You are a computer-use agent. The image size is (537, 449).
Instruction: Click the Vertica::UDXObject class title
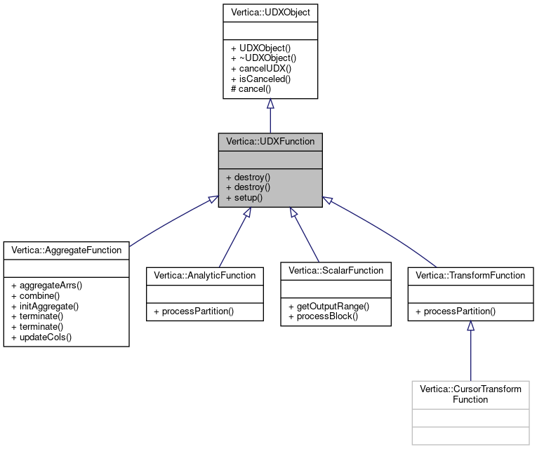click(x=270, y=13)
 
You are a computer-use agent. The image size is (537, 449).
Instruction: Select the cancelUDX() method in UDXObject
click(x=260, y=68)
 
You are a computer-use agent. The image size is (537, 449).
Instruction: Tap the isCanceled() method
click(x=260, y=79)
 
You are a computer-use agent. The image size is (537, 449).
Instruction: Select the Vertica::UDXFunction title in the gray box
click(x=270, y=141)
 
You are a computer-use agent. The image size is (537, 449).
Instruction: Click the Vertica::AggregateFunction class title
click(x=66, y=249)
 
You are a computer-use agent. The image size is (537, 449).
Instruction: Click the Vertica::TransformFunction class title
click(x=470, y=275)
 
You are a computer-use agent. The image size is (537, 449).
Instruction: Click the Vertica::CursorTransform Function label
click(x=470, y=394)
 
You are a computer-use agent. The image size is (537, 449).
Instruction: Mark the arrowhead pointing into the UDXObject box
click(x=270, y=103)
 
